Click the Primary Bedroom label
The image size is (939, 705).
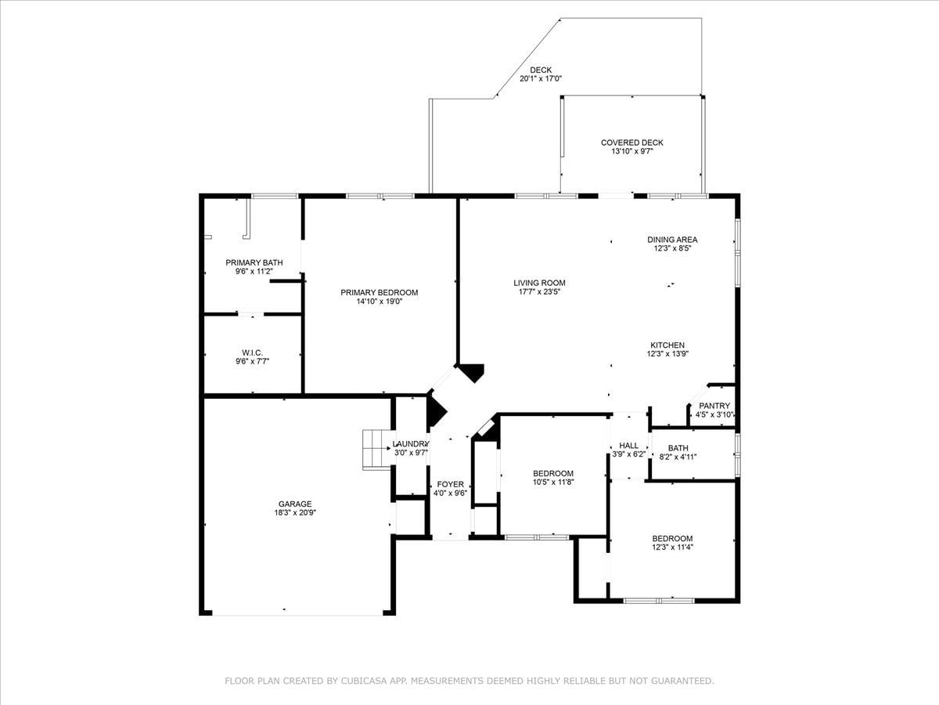tap(379, 292)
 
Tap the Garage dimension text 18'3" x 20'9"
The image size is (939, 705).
tap(295, 512)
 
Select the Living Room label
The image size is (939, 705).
tap(539, 283)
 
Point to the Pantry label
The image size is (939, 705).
tap(714, 406)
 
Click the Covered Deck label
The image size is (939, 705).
tap(631, 143)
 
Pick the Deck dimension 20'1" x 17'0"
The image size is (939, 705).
tap(541, 79)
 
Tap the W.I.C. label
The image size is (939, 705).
tap(253, 352)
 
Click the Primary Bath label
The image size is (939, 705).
tap(254, 262)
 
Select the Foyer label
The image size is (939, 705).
tap(451, 484)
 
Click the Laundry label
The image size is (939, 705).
tap(411, 444)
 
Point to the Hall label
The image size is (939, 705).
tap(629, 446)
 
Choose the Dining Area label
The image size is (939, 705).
tap(672, 240)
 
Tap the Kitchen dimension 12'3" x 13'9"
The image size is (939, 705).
tap(667, 353)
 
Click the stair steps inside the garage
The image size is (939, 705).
tap(376, 450)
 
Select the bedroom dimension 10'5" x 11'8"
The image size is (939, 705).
tap(553, 482)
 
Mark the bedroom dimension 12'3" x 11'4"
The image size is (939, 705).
tap(672, 547)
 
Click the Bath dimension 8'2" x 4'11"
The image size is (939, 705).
tap(678, 457)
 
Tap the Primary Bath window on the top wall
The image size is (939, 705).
tap(274, 196)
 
